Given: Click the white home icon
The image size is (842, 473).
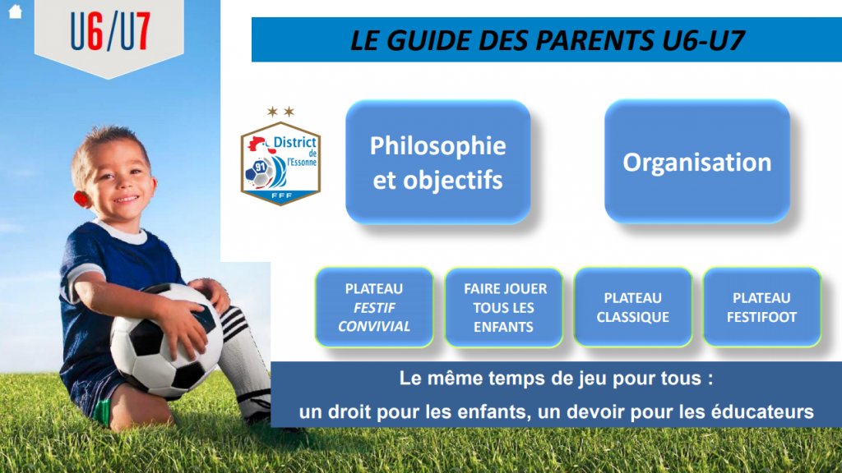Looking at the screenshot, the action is click(x=15, y=11).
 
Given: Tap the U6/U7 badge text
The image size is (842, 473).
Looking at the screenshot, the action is click(x=110, y=32).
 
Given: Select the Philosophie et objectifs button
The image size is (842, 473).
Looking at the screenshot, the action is click(x=438, y=162).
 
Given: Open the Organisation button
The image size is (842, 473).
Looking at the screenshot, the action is click(x=697, y=162).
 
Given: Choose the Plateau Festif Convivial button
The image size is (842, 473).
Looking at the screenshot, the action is click(x=374, y=307).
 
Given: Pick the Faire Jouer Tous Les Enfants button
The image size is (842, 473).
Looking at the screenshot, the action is click(x=504, y=307).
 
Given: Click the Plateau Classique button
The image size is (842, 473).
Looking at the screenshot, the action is click(x=632, y=307).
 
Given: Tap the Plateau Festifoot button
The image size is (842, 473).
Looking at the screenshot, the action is click(x=761, y=307).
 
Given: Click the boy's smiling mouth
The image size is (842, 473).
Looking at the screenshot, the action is click(x=126, y=200).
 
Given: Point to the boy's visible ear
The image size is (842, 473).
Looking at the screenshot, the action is click(x=80, y=199).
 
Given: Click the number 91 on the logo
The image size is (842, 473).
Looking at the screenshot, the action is click(x=261, y=167).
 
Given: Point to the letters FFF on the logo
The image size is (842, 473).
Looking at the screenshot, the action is click(x=281, y=195).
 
